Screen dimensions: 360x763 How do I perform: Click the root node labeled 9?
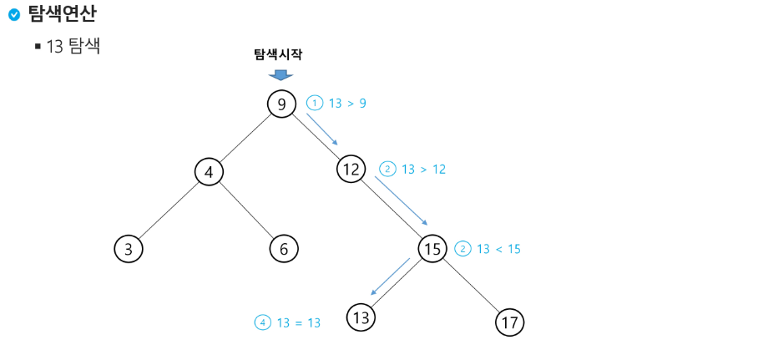tap(282, 104)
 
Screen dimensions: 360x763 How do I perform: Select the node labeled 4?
tap(210, 172)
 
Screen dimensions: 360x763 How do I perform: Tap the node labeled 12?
tap(351, 170)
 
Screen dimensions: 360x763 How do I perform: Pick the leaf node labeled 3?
tap(128, 248)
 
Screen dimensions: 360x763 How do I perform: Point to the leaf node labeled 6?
tap(284, 248)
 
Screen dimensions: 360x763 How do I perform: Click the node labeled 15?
tap(432, 249)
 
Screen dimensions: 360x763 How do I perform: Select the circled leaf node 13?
tap(361, 317)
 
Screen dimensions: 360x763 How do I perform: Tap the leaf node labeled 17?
tap(509, 322)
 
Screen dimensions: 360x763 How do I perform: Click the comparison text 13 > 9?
tap(347, 104)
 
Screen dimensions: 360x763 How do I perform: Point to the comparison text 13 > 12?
tap(423, 169)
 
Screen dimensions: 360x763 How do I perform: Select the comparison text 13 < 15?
tap(498, 249)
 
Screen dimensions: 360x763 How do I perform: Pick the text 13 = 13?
tap(298, 322)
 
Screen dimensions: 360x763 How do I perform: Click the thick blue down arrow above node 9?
tap(281, 75)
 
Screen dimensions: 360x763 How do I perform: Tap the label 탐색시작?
tap(278, 54)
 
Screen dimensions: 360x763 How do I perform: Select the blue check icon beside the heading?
tap(13, 14)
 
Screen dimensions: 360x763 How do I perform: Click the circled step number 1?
tap(314, 104)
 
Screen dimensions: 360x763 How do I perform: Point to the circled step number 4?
tap(263, 322)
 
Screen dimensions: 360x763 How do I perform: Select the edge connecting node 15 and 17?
tap(471, 286)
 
